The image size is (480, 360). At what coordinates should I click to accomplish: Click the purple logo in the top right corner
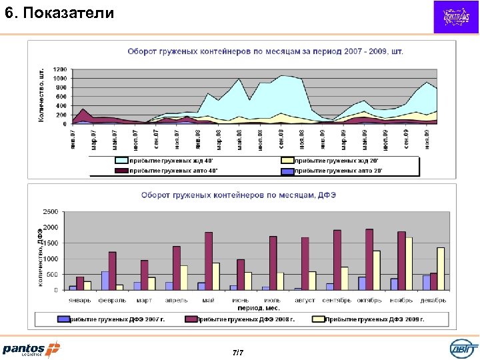coord(456,17)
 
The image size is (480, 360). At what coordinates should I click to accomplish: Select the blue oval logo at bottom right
coord(463,349)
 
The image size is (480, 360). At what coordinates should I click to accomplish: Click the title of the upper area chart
coord(265,51)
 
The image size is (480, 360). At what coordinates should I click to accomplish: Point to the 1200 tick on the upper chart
coord(60,69)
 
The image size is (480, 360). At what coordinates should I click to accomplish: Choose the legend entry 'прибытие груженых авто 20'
coord(336,171)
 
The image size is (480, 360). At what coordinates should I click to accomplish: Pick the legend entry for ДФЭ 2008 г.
coord(246,319)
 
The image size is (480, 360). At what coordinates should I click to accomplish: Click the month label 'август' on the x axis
coord(304,300)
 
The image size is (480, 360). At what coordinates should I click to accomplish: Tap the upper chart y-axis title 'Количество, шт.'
coord(42,94)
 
